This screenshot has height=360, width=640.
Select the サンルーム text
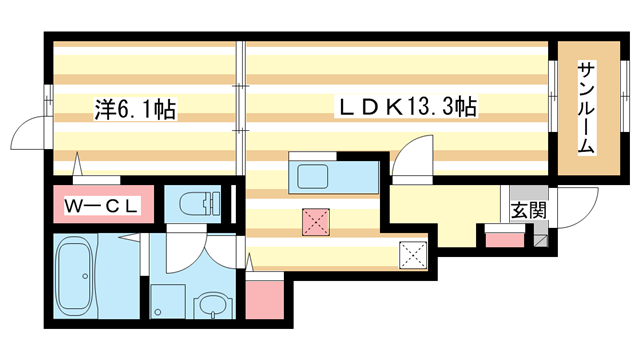click(x=586, y=108)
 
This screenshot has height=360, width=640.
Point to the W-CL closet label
click(x=102, y=206)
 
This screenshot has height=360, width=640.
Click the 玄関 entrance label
click(x=529, y=210)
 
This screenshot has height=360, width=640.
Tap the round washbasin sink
click(x=211, y=306)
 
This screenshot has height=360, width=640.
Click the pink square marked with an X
click(x=316, y=222)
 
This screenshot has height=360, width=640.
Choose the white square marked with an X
click(x=412, y=256)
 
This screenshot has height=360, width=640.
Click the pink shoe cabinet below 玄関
click(x=504, y=238)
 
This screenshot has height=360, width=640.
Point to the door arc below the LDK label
click(x=410, y=160)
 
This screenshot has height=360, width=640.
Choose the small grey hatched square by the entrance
click(x=539, y=238)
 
